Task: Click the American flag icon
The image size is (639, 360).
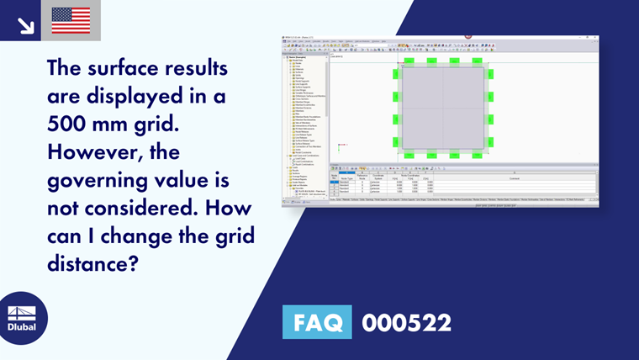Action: point(71,19)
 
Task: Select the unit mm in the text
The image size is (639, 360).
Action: point(124,125)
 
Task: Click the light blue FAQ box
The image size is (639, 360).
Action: point(320,323)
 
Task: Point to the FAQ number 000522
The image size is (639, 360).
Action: point(406,323)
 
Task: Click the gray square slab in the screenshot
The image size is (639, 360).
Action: point(442,109)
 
